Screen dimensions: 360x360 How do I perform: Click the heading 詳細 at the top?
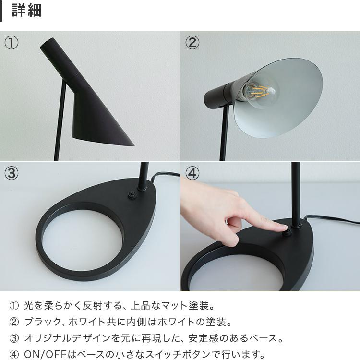click(26, 11)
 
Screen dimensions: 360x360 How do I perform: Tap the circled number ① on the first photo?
click(12, 43)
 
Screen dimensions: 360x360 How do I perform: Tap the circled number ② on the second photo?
click(192, 43)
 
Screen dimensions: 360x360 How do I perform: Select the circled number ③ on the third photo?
click(12, 173)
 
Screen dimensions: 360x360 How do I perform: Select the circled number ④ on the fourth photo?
click(192, 173)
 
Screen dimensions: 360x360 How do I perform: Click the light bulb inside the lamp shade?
click(260, 91)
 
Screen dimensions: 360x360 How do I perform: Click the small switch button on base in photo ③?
click(131, 194)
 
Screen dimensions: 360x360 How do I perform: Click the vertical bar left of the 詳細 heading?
click(1, 11)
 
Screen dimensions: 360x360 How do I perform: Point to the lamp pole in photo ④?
click(295, 192)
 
